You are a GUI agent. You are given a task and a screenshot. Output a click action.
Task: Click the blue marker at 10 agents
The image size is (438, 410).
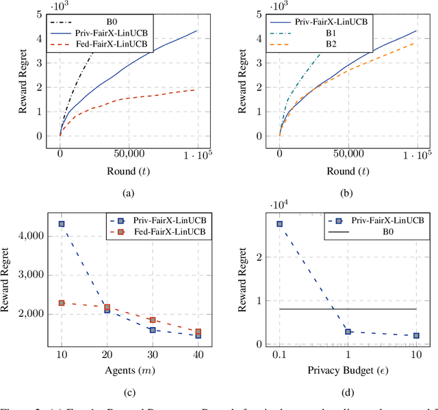tap(61, 224)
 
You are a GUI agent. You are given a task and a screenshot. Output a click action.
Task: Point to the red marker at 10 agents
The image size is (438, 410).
tap(61, 303)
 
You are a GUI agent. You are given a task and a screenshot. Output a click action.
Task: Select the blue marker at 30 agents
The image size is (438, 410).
tap(152, 330)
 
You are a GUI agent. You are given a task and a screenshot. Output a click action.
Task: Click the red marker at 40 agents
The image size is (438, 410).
tap(198, 332)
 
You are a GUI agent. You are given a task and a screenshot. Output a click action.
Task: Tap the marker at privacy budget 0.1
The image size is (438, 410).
tap(279, 224)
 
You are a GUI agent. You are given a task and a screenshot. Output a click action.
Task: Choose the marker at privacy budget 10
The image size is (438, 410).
tap(415, 335)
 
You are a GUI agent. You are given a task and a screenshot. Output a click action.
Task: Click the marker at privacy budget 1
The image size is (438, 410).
tap(348, 331)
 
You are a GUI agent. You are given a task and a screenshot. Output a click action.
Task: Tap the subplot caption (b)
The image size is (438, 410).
tap(348, 194)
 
